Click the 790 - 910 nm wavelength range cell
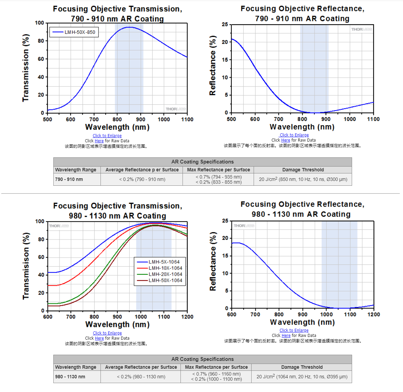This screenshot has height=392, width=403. (x=77, y=179)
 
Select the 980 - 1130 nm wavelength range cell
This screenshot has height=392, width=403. (x=77, y=377)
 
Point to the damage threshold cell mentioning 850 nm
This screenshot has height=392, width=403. (x=303, y=179)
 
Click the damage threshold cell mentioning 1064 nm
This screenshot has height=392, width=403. (x=302, y=377)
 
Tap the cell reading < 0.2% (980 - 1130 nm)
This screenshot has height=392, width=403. (x=141, y=377)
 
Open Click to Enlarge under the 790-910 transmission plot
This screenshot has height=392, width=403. (x=107, y=136)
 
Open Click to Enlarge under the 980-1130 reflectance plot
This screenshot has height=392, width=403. (x=294, y=330)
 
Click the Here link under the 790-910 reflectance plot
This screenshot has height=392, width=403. (x=285, y=140)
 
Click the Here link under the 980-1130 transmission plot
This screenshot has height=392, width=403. (x=99, y=338)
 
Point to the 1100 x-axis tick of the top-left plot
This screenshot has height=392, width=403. (x=187, y=119)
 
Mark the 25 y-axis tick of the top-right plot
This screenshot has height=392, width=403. (x=225, y=24)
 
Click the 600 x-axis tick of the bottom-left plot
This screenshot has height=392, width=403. (x=48, y=317)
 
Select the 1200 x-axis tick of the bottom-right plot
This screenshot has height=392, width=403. (x=374, y=314)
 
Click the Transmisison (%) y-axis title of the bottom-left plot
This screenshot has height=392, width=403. (x=26, y=266)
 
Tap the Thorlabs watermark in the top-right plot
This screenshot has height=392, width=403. (x=361, y=29)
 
